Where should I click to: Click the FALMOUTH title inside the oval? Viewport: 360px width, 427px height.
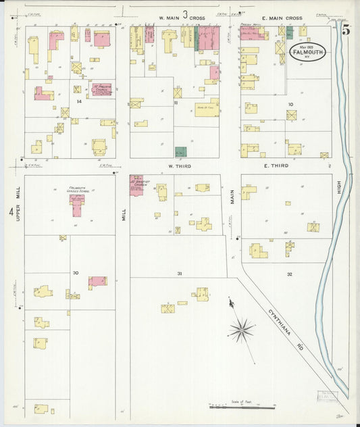point(306,51)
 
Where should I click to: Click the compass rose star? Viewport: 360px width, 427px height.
point(241,330)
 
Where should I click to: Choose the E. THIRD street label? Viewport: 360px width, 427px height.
point(276,166)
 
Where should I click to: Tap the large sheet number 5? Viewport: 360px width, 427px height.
point(346,30)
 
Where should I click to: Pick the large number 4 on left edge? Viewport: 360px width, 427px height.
point(11,213)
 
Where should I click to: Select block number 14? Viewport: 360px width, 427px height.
point(79,101)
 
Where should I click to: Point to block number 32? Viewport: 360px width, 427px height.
point(289,274)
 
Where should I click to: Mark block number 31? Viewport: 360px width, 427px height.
point(179,273)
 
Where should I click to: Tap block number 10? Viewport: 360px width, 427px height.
point(290,104)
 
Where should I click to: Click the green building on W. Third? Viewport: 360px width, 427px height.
point(180,152)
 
